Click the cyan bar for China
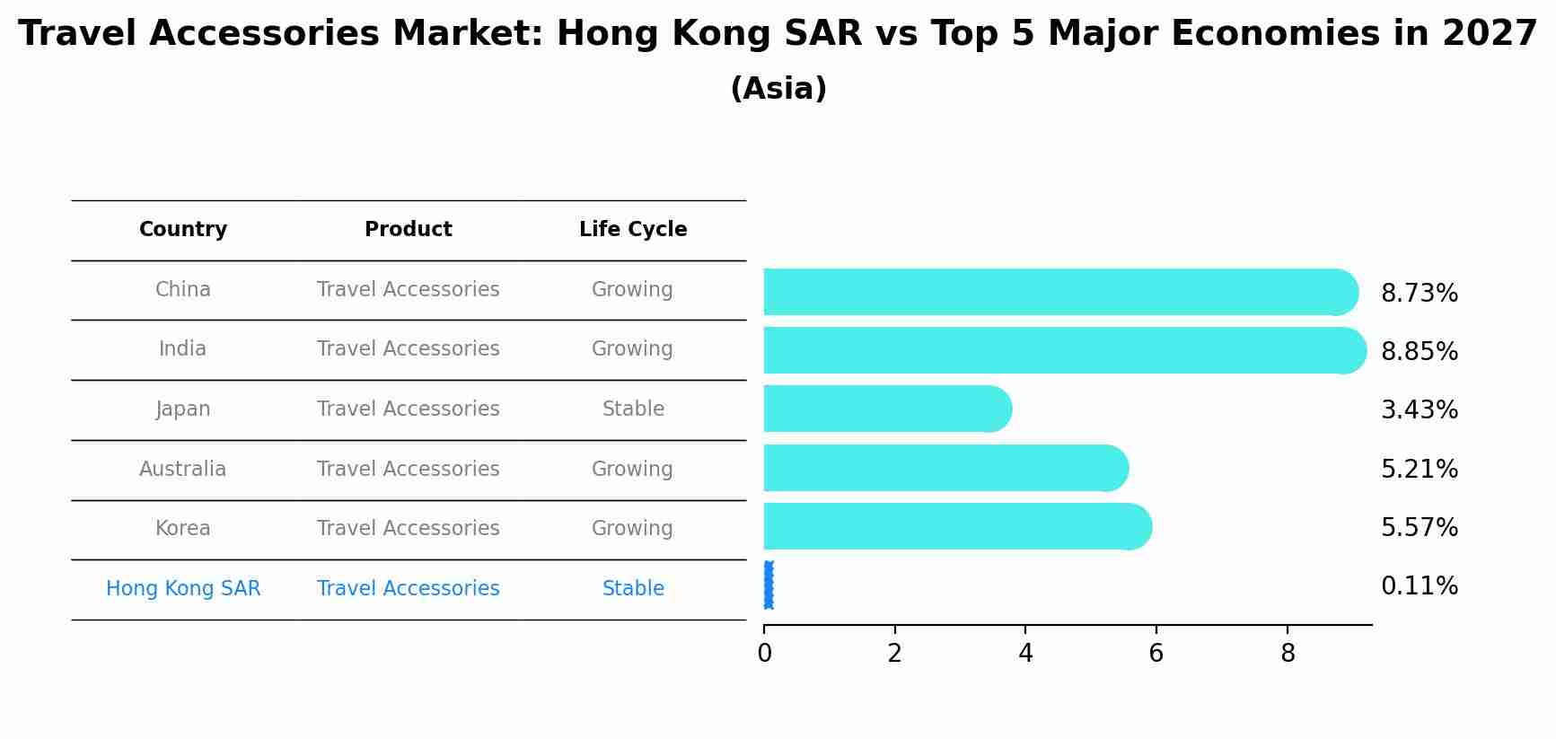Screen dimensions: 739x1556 (1059, 292)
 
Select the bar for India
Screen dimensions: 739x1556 (1064, 350)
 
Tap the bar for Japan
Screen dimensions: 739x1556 (887, 409)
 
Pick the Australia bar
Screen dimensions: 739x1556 (945, 468)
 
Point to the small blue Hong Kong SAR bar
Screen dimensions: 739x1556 (768, 585)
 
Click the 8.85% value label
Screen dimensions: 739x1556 (1419, 352)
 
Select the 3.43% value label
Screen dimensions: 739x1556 (1419, 410)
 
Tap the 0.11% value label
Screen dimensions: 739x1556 (1419, 586)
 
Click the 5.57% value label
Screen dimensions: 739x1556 (1419, 528)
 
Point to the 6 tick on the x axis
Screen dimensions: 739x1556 (1156, 654)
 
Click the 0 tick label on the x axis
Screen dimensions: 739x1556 (764, 654)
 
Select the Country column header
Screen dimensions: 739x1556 (183, 230)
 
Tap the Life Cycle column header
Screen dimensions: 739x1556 (633, 230)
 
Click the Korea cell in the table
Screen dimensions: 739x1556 (183, 528)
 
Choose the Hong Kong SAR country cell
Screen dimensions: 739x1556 (183, 588)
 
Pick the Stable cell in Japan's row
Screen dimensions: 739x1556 (633, 409)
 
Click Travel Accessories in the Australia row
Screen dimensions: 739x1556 (408, 469)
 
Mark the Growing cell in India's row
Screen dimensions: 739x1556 (632, 348)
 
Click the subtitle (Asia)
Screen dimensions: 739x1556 (778, 89)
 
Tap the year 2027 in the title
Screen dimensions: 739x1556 (1490, 34)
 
